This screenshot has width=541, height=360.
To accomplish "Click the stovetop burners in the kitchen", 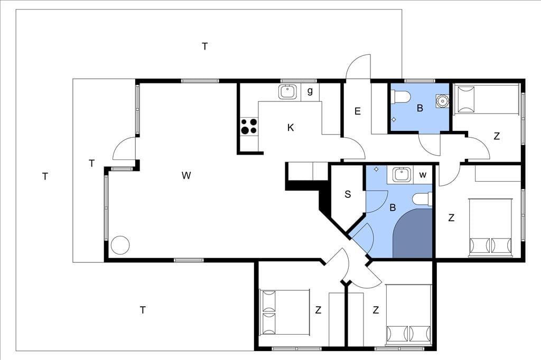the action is (x=249, y=126).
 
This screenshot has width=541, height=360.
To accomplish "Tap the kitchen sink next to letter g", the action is (x=287, y=92).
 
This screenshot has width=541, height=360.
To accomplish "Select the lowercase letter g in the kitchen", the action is (x=310, y=91).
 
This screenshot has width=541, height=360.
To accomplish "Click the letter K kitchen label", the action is (x=291, y=128).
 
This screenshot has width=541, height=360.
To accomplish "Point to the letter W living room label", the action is (x=186, y=176).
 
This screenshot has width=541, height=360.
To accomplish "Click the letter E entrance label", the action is (x=358, y=111).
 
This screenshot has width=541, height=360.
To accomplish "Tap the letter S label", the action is (x=348, y=194).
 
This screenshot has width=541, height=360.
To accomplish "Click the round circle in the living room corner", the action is (x=120, y=245).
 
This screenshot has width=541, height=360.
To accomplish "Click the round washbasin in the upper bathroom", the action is (x=442, y=101).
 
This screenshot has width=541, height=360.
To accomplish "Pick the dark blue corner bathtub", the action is (x=413, y=233).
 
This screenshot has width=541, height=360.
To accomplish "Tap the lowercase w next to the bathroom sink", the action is (x=423, y=175).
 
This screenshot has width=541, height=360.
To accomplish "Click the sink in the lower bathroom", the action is (x=402, y=174).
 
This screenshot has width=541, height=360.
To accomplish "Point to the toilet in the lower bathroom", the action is (x=422, y=200).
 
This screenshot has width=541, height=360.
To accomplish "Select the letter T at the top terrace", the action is (x=205, y=46).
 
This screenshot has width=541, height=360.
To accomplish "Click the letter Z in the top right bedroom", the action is (x=497, y=136).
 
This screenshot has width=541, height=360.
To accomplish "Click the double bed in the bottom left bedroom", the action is (x=285, y=312).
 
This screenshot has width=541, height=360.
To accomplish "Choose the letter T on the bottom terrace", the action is (x=143, y=310).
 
